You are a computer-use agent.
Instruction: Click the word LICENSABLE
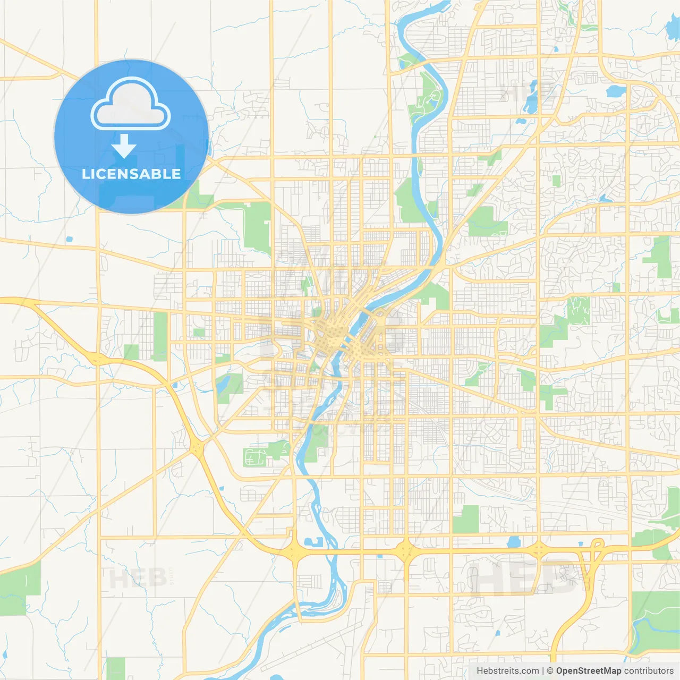click(131, 174)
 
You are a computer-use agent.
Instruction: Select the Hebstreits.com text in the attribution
click(507, 671)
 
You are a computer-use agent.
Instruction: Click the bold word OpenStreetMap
click(588, 671)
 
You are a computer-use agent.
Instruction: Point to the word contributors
click(648, 671)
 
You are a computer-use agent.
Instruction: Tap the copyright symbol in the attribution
click(550, 671)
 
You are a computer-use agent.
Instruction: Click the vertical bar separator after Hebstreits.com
click(542, 671)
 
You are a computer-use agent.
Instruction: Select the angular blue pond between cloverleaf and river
click(314, 542)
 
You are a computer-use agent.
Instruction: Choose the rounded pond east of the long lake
click(616, 91)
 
